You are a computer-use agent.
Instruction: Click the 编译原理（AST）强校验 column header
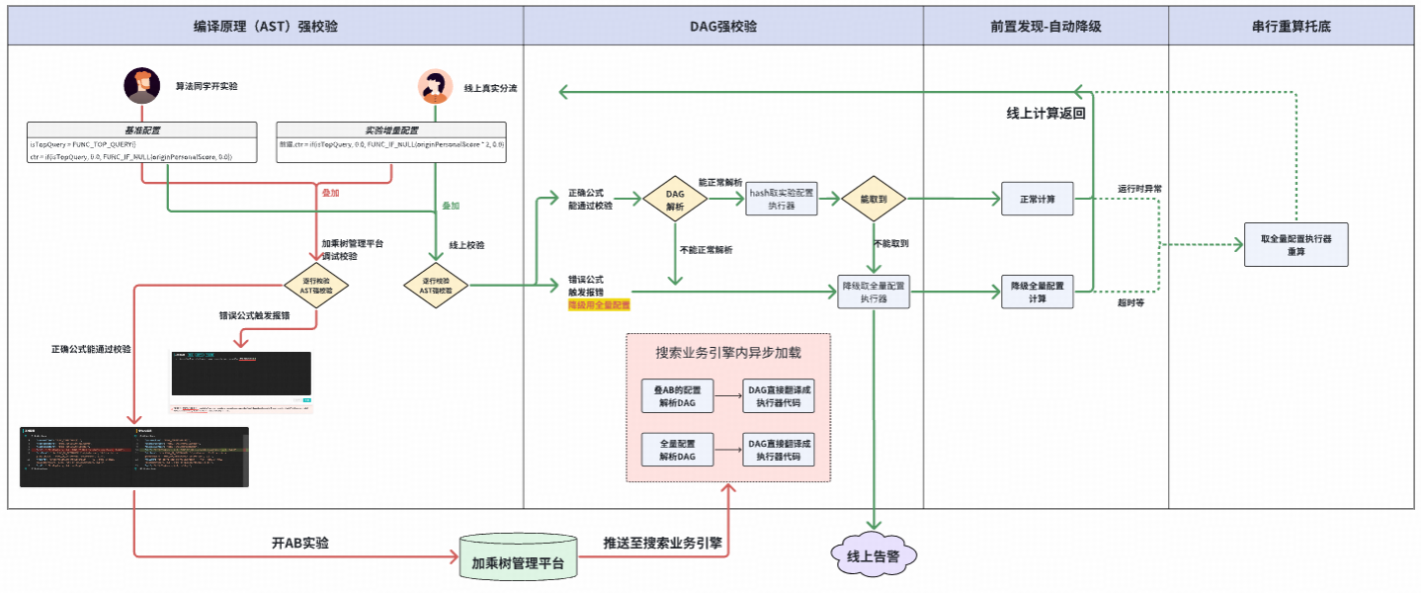tap(266, 27)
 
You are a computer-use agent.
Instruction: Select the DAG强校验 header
tap(723, 27)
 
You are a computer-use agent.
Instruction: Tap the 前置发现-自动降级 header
tap(1045, 27)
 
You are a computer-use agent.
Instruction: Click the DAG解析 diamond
tap(676, 200)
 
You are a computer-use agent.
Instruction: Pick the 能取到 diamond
tap(874, 200)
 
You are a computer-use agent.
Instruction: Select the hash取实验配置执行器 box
tap(782, 200)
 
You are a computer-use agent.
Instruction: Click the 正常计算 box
tap(1037, 200)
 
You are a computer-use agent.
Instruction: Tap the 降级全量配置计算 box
tap(1037, 292)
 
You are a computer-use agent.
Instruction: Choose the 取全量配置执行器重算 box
tap(1296, 244)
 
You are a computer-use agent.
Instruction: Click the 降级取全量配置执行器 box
tap(874, 292)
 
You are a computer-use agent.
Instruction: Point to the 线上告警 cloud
tap(874, 556)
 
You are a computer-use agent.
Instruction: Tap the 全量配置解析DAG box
tap(677, 451)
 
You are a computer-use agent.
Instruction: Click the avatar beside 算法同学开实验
tap(142, 86)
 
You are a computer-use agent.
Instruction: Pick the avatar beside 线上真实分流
tap(435, 87)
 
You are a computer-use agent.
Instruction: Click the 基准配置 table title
tap(142, 129)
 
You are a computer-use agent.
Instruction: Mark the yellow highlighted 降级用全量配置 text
tap(599, 305)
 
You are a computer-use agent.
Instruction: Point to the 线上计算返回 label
tap(1045, 114)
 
